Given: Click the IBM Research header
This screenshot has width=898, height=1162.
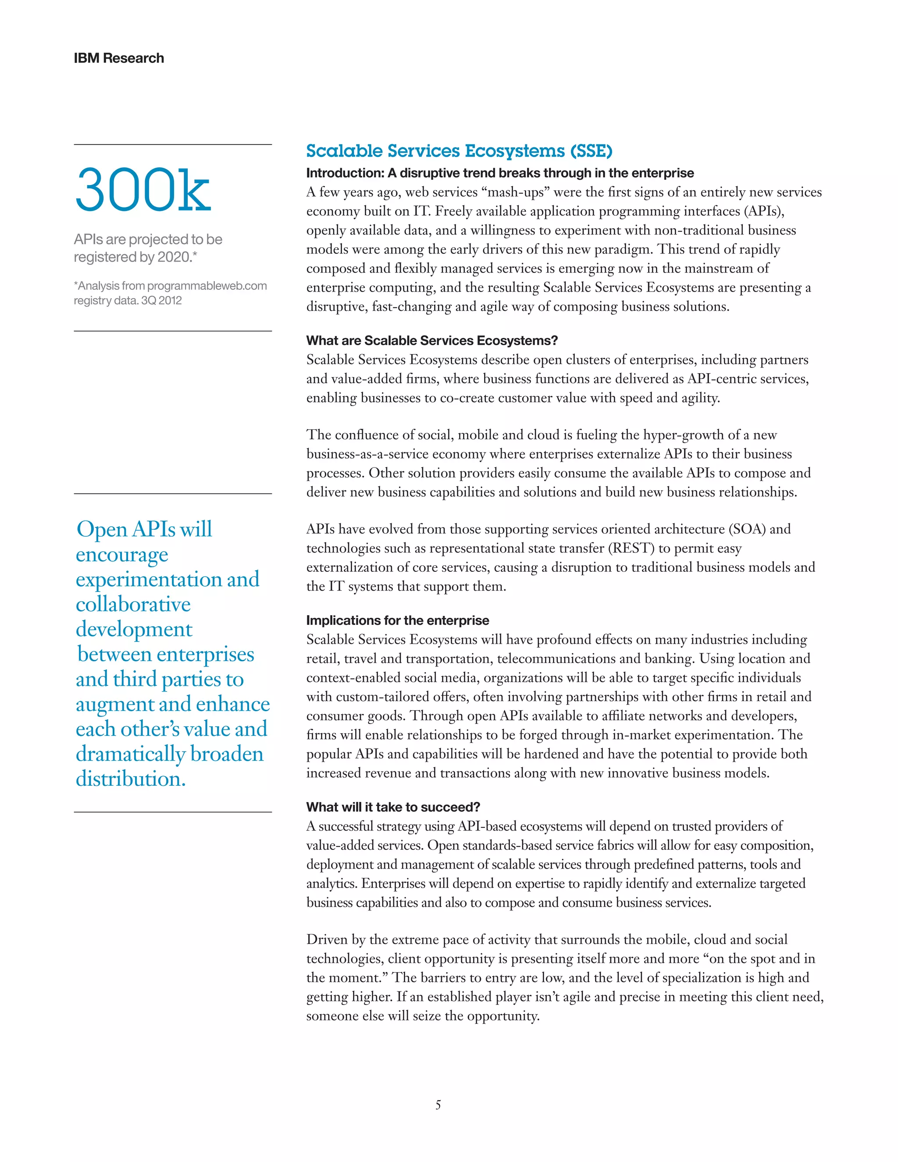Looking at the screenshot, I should tap(119, 58).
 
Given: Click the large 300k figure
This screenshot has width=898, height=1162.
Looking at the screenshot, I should tap(143, 190).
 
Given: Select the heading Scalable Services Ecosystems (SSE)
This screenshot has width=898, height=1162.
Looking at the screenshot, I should tap(459, 151).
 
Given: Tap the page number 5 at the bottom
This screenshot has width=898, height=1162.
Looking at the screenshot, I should tap(438, 1105).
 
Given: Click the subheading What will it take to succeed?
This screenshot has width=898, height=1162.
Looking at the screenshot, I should tap(393, 807).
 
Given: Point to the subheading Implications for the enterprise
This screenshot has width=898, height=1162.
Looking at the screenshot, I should tap(397, 620).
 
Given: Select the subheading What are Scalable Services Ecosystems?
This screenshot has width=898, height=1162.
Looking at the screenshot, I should tap(432, 341).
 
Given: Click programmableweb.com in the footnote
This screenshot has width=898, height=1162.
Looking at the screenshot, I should tap(207, 286).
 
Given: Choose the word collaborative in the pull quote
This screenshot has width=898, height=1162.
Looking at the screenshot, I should tap(133, 604).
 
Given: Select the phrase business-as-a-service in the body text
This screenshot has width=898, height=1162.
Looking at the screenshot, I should tap(367, 454).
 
